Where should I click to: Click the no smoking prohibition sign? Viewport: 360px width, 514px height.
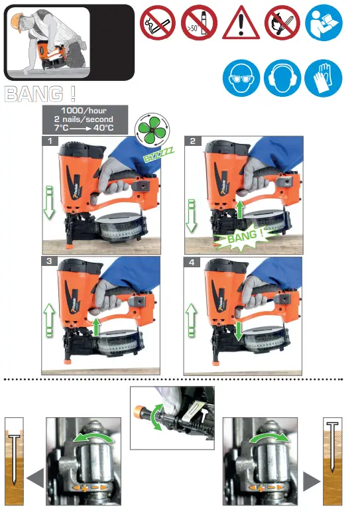pos(157,23)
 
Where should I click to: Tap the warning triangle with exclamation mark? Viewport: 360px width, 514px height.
pos(241,24)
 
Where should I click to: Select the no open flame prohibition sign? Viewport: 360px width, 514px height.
pos(282,23)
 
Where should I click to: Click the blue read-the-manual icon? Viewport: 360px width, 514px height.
pos(324,23)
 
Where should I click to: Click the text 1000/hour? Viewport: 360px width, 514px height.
pos(85,110)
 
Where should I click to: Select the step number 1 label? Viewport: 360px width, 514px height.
pos(49,141)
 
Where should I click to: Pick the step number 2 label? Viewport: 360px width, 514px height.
pos(192,141)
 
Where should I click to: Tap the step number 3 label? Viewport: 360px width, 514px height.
pos(49,262)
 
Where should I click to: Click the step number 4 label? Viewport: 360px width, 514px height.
pos(192,262)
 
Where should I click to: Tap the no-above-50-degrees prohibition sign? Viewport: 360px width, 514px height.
pos(199,23)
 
